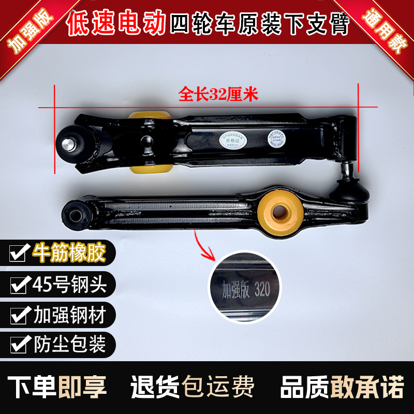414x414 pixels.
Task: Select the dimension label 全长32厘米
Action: click(218, 95)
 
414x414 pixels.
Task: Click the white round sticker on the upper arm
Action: click(275, 138)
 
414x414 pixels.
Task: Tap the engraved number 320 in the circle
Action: click(262, 289)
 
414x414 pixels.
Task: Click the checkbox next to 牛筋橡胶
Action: click(20, 253)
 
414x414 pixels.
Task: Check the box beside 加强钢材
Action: click(20, 314)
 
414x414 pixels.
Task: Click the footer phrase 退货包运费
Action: click(192, 386)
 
